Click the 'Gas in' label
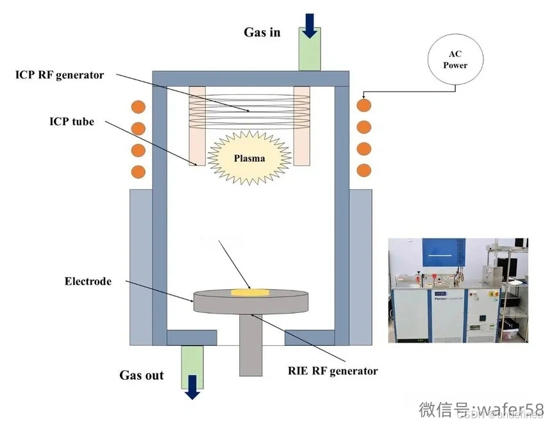pyautogui.click(x=262, y=32)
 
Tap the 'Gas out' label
pyautogui.click(x=141, y=375)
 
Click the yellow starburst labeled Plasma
pyautogui.click(x=249, y=157)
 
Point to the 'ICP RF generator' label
pyautogui.click(x=60, y=75)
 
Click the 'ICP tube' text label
pyautogui.click(x=72, y=121)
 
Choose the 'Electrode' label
pyautogui.click(x=88, y=281)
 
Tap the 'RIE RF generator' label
pyautogui.click(x=333, y=371)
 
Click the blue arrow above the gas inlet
pyautogui.click(x=310, y=24)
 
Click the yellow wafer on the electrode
pyautogui.click(x=249, y=293)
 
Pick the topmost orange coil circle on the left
pyautogui.click(x=138, y=106)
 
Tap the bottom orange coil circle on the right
pyautogui.click(x=364, y=171)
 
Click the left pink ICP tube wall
pyautogui.click(x=197, y=125)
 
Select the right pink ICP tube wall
pyautogui.click(x=301, y=125)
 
